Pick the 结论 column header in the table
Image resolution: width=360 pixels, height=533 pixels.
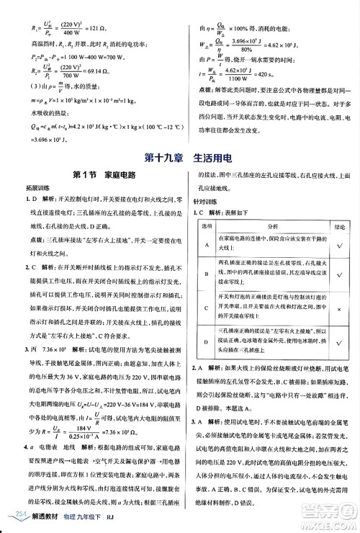tap(338, 225)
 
